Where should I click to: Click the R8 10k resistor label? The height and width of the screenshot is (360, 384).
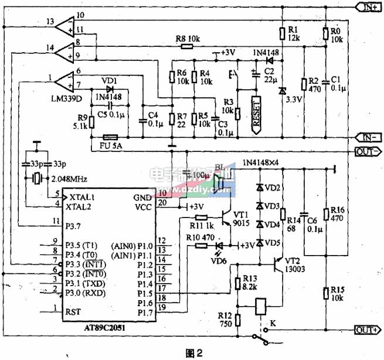coord(188,39)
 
